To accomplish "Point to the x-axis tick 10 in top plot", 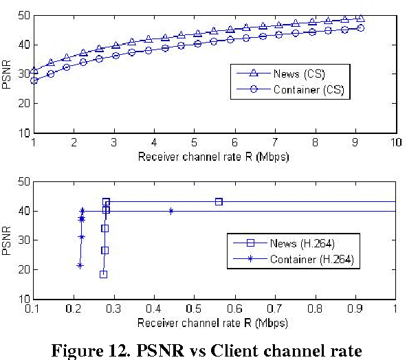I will (x=395, y=141).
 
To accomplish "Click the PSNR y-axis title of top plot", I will (x=8, y=74).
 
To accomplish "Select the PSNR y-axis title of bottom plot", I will (x=8, y=240).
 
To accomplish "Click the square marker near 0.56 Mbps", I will (x=219, y=202).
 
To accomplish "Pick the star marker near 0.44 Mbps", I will (x=170, y=211).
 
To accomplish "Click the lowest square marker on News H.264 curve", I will (x=103, y=274).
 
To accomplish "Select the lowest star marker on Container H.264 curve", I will (x=80, y=265).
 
